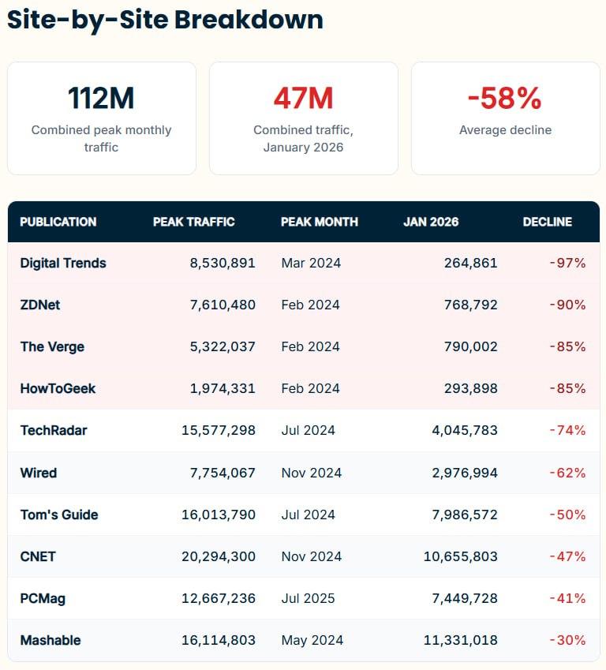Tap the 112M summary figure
pos(101,99)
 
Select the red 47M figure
pos(303,99)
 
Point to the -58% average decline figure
pos(505,99)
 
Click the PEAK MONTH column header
pos(319,222)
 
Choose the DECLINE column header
pos(547,222)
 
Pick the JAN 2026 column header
pos(430,222)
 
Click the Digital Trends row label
pos(63,263)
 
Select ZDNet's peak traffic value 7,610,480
pos(223,305)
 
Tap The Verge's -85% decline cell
pos(567,346)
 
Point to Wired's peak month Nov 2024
pos(311,473)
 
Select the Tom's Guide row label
pos(59,515)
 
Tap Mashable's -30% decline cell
pos(567,640)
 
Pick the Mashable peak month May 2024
pos(312,640)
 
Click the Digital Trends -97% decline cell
pos(567,263)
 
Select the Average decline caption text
pos(505,129)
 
